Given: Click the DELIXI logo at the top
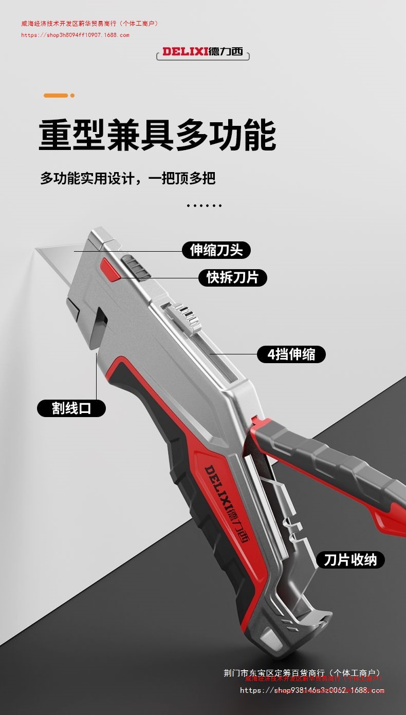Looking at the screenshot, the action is pyautogui.click(x=203, y=51).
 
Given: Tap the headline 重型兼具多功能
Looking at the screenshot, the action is pyautogui.click(x=157, y=135).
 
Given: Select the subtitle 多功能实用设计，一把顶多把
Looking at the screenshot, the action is pyautogui.click(x=127, y=178).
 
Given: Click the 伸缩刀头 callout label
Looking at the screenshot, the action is pyautogui.click(x=216, y=250).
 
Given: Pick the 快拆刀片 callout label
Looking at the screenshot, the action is pyautogui.click(x=233, y=277).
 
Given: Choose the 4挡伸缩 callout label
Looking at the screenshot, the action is pyautogui.click(x=291, y=354).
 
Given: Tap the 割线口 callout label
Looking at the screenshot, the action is pyautogui.click(x=71, y=408).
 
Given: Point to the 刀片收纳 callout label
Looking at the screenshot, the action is pyautogui.click(x=350, y=559).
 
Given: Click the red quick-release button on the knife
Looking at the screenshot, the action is pyautogui.click(x=110, y=269).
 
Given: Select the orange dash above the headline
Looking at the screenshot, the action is pyautogui.click(x=56, y=96).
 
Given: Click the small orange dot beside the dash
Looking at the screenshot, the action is pyautogui.click(x=72, y=96).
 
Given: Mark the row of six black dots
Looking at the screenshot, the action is pyautogui.click(x=204, y=205).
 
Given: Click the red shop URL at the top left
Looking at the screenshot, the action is pyautogui.click(x=75, y=35).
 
